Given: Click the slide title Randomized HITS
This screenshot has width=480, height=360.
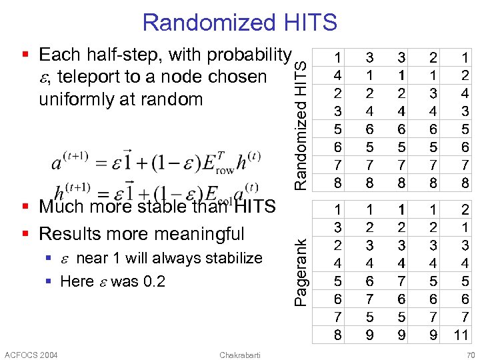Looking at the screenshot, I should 239,23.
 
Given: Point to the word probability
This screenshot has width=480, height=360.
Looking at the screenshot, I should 250,55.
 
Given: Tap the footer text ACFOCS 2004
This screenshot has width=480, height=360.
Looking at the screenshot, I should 31,354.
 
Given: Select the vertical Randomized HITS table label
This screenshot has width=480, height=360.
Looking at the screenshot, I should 302,122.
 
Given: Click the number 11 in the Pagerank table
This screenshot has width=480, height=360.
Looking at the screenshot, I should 461,335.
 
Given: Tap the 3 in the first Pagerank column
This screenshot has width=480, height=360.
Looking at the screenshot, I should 339,227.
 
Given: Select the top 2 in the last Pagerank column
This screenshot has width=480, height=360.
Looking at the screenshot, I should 461,210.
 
